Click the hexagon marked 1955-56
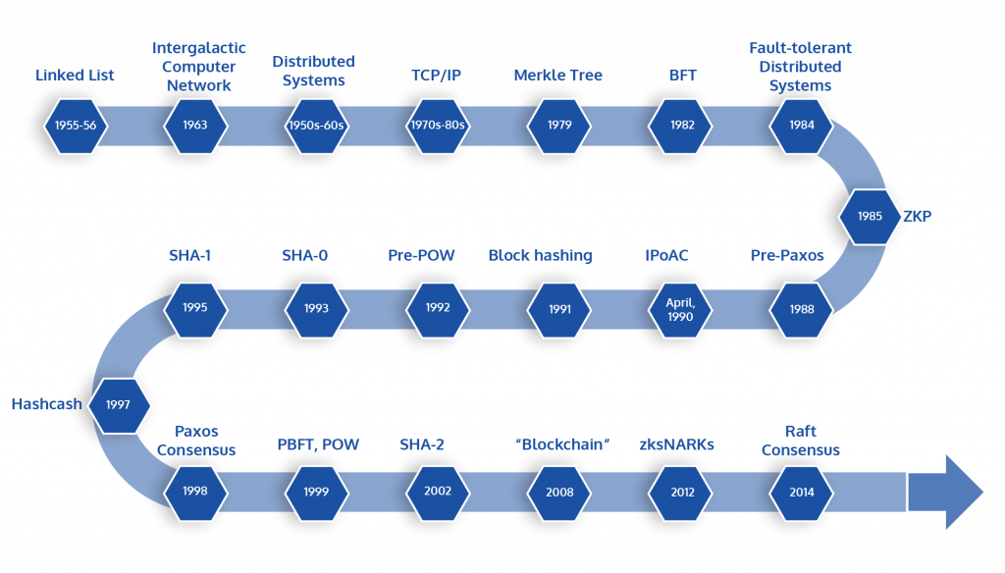(x=75, y=126)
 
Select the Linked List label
(x=75, y=76)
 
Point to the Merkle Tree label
(x=557, y=76)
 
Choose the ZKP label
(x=918, y=216)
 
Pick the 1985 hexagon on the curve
(x=870, y=216)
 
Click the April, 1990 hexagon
(x=679, y=309)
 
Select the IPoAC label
(x=666, y=256)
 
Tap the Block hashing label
(x=540, y=256)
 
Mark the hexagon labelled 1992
(x=438, y=308)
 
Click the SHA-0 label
(x=304, y=256)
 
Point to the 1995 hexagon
(x=194, y=308)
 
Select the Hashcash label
(x=46, y=404)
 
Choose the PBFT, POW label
(x=318, y=445)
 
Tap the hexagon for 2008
(x=560, y=492)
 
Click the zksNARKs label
(x=676, y=445)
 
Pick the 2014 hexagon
(x=801, y=492)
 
